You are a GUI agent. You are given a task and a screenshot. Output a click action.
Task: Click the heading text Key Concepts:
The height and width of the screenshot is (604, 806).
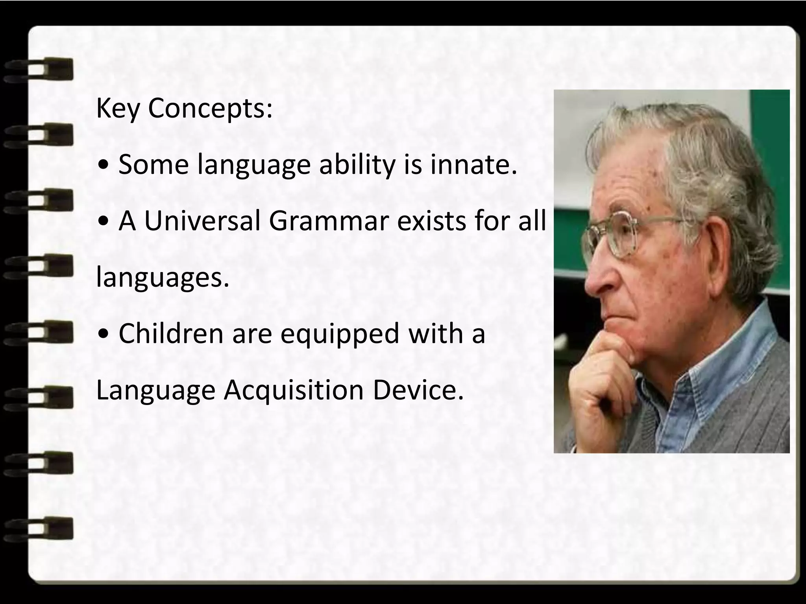(x=184, y=108)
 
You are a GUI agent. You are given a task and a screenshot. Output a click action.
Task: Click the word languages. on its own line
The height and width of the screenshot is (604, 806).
(x=162, y=278)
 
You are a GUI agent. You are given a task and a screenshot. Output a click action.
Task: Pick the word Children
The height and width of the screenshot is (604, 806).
(x=171, y=333)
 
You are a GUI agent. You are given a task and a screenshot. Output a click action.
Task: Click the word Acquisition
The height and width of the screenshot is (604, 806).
(x=294, y=390)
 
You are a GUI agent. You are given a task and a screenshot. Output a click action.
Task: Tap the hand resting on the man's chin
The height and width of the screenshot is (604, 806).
(x=602, y=377)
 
